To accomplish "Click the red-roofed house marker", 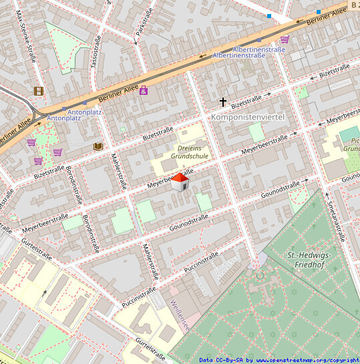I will point(180,182).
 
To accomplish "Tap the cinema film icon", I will point(39,91).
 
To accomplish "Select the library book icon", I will point(98,146).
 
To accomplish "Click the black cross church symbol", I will point(223,102).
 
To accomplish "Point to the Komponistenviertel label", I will point(247,117).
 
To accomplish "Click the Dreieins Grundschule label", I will point(189,152).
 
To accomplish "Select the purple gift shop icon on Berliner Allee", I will point(143,90).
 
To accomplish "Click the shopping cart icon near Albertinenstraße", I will point(285,39).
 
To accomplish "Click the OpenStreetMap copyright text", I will point(279,360).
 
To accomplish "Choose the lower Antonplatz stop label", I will point(64,118).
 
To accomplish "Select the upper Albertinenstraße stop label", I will point(259,49).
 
